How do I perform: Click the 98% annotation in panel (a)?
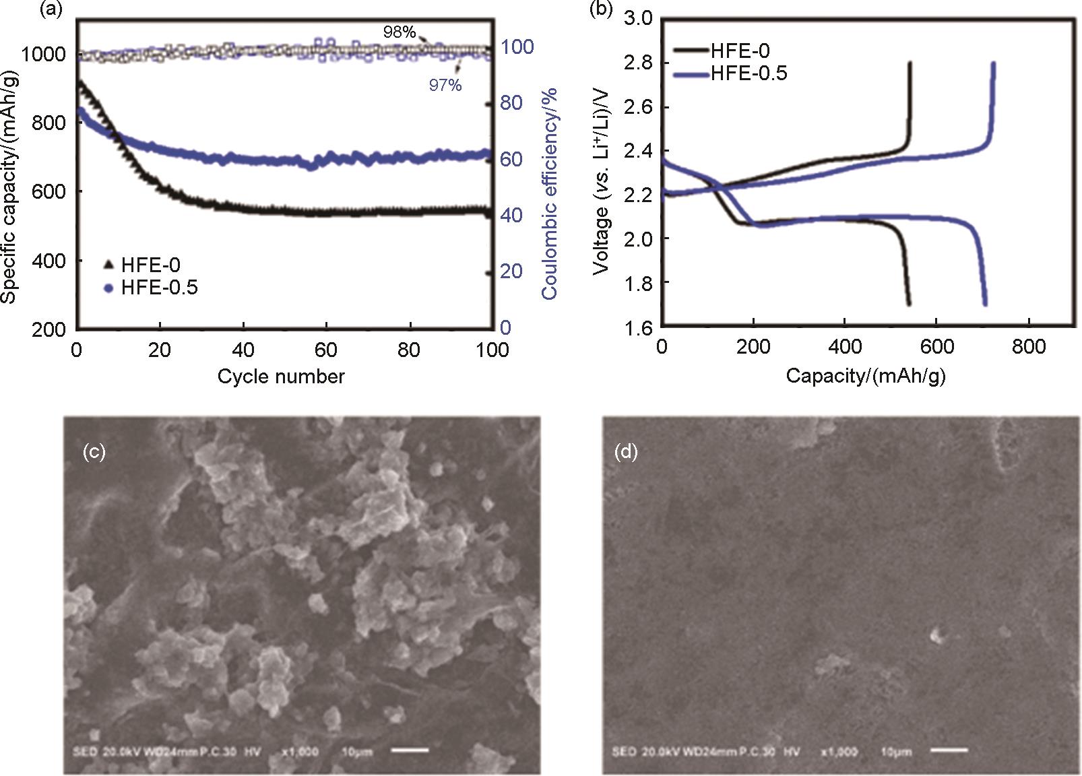point(400,32)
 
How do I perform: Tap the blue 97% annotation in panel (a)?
point(445,85)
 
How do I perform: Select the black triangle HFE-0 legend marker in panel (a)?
point(109,265)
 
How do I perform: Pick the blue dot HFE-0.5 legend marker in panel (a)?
point(109,288)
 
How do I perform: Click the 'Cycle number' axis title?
point(280,377)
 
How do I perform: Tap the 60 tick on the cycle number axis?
point(326,350)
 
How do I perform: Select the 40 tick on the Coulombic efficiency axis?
point(516,215)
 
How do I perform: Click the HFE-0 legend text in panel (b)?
point(740,51)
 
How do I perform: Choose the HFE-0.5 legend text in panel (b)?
point(749,73)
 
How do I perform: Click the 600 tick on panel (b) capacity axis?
point(937,347)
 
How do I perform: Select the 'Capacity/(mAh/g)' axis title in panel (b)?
point(865,377)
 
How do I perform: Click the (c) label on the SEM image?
point(93,452)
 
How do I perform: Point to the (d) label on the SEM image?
point(627,452)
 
